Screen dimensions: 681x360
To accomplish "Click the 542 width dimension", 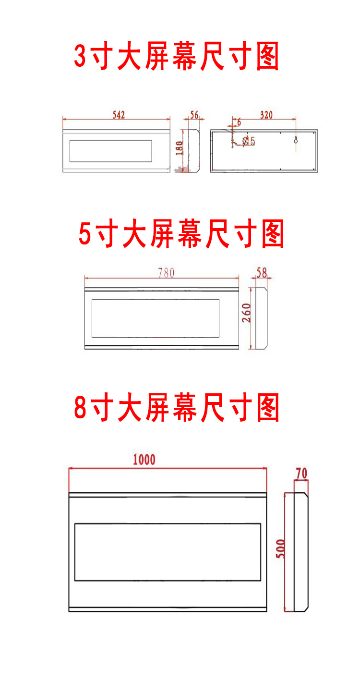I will point(119,114).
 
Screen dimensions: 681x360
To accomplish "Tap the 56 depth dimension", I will point(194,114).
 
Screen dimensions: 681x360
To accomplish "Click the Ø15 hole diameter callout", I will point(249,141).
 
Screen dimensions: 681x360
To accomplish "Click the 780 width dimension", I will point(166,272).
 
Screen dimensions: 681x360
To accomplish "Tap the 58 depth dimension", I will point(262,272).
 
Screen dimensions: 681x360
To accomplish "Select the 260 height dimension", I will point(246,313).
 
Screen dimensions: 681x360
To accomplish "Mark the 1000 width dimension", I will point(144,460).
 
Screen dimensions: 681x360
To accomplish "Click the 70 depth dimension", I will point(301,474).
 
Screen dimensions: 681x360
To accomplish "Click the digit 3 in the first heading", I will point(80,57).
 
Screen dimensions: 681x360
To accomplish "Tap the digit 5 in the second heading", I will point(85,234).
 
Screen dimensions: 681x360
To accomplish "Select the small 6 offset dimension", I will point(239,123).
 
